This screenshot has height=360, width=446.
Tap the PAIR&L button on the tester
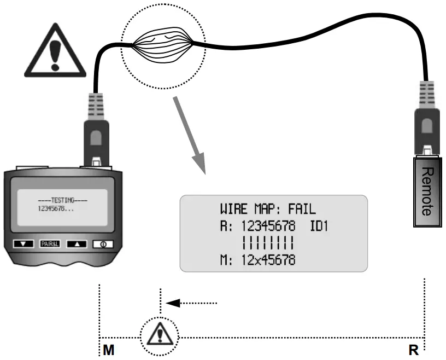[51, 244]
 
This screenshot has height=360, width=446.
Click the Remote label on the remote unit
[427, 190]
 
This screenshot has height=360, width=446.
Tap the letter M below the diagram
[109, 351]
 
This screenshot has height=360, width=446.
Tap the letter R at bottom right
[413, 351]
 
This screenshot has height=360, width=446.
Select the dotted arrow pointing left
[191, 302]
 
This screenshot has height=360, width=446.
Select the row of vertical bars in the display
[268, 242]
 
